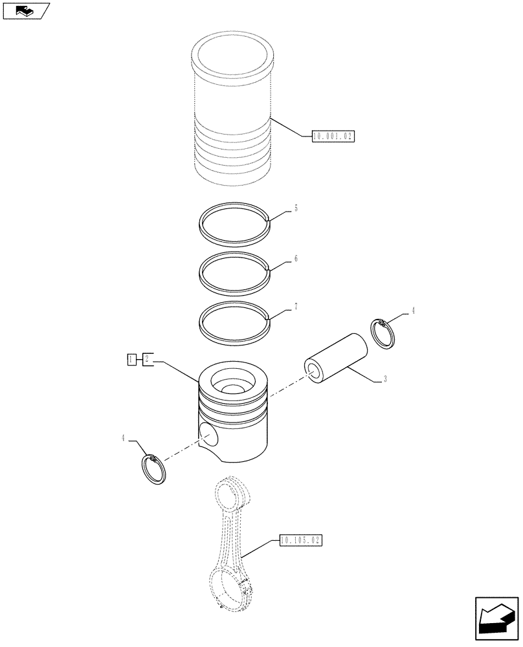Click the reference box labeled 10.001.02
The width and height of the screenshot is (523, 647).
pos(334,136)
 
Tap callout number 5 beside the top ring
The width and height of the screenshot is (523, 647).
pos(296,208)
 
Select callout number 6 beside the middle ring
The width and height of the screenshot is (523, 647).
pos(296,258)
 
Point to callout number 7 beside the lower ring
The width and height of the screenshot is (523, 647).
pos(296,306)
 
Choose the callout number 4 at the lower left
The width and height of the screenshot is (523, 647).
pos(122,439)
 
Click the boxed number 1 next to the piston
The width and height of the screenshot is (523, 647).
pos(131,359)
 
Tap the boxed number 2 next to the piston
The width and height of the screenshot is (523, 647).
pos(147,359)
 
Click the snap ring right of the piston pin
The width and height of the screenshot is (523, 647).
pos(386,334)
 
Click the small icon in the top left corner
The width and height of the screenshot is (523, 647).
pos(26,10)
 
